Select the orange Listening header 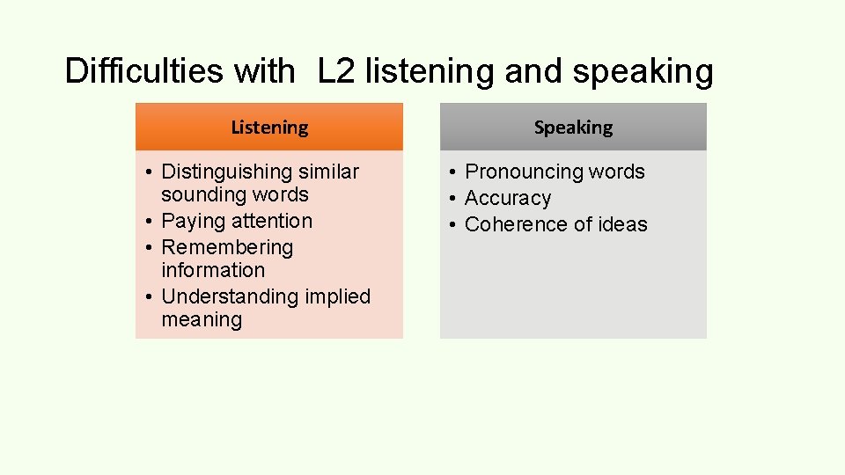click(x=269, y=127)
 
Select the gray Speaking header click(x=573, y=127)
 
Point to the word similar click(x=331, y=172)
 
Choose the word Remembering click(x=227, y=247)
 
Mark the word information click(x=213, y=270)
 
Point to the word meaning click(x=202, y=319)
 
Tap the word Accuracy click(x=508, y=199)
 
